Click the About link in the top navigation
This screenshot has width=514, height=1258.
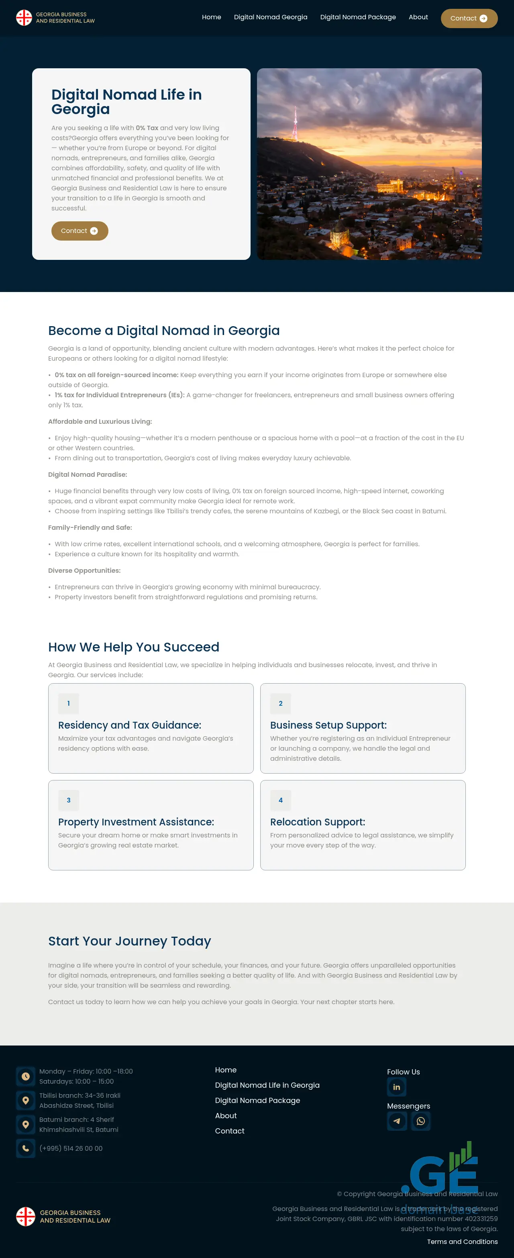pyautogui.click(x=418, y=17)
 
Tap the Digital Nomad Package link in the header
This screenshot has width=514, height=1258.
pyautogui.click(x=358, y=17)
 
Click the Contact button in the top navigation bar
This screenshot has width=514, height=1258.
pyautogui.click(x=469, y=18)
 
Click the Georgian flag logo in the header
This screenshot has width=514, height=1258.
pyautogui.click(x=24, y=18)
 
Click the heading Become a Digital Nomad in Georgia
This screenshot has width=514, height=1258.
pyautogui.click(x=163, y=331)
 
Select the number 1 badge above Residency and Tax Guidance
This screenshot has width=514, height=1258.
pyautogui.click(x=68, y=703)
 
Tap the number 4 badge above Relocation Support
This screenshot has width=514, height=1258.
pyautogui.click(x=281, y=800)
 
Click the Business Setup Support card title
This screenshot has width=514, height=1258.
pyautogui.click(x=328, y=725)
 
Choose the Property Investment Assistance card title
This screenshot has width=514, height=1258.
pyautogui.click(x=136, y=822)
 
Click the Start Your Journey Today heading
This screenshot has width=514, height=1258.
pyautogui.click(x=129, y=941)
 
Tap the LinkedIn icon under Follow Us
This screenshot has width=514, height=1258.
pyautogui.click(x=396, y=1087)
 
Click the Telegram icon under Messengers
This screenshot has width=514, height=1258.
pyautogui.click(x=397, y=1121)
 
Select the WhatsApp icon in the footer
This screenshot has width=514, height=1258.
pyautogui.click(x=421, y=1121)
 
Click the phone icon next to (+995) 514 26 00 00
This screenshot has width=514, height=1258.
pyautogui.click(x=26, y=1148)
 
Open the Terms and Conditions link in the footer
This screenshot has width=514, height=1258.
pyautogui.click(x=462, y=1242)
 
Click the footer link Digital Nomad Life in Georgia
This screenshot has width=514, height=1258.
pyautogui.click(x=267, y=1085)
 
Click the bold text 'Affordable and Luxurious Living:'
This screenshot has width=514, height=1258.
pyautogui.click(x=100, y=421)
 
